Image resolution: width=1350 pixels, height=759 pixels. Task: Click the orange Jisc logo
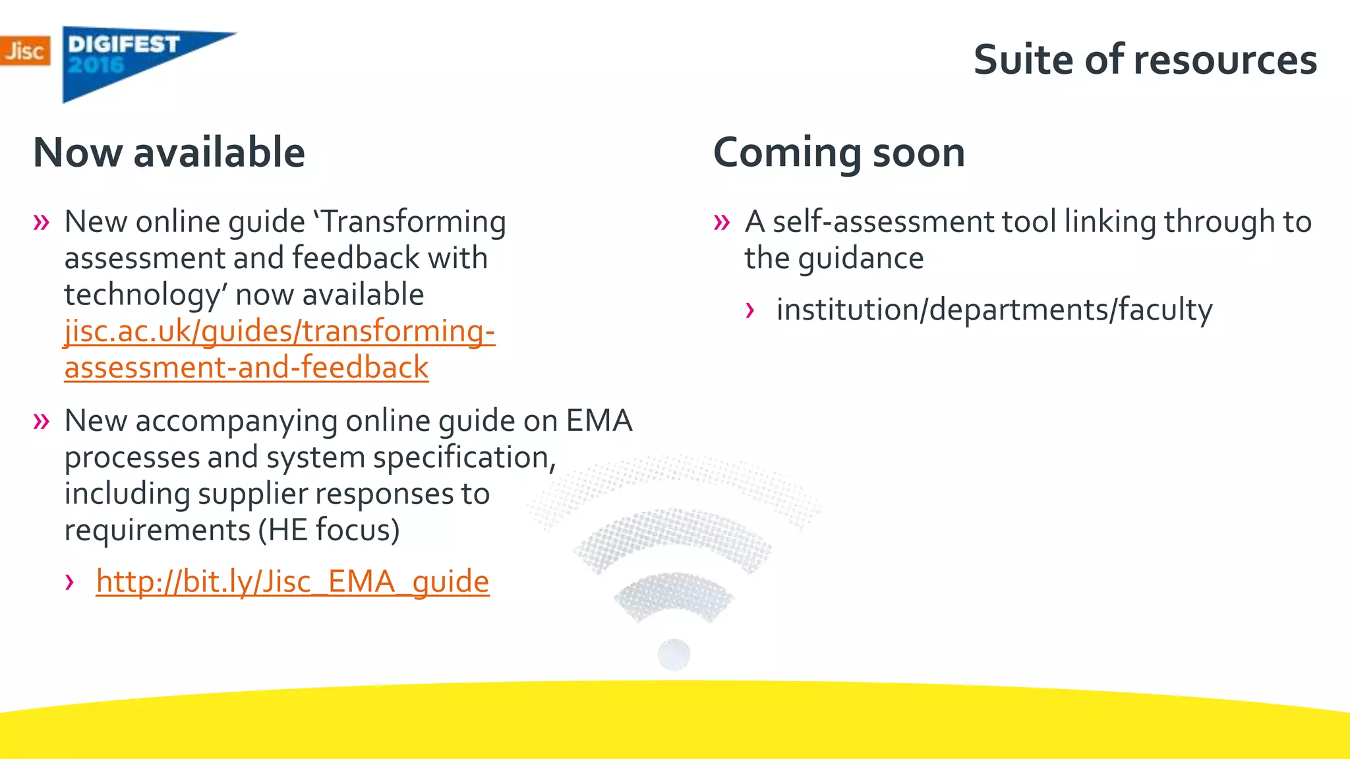tap(25, 51)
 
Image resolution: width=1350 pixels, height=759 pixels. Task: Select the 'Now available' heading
tap(169, 153)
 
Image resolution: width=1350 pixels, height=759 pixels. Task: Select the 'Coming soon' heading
tap(838, 153)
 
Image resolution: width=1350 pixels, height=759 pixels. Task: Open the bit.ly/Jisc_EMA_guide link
tap(292, 582)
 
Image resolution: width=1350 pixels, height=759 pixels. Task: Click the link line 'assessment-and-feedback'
tap(246, 368)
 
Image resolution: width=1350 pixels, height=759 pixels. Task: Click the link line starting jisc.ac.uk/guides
tap(279, 331)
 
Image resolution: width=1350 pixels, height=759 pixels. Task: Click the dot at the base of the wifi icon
tap(674, 655)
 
